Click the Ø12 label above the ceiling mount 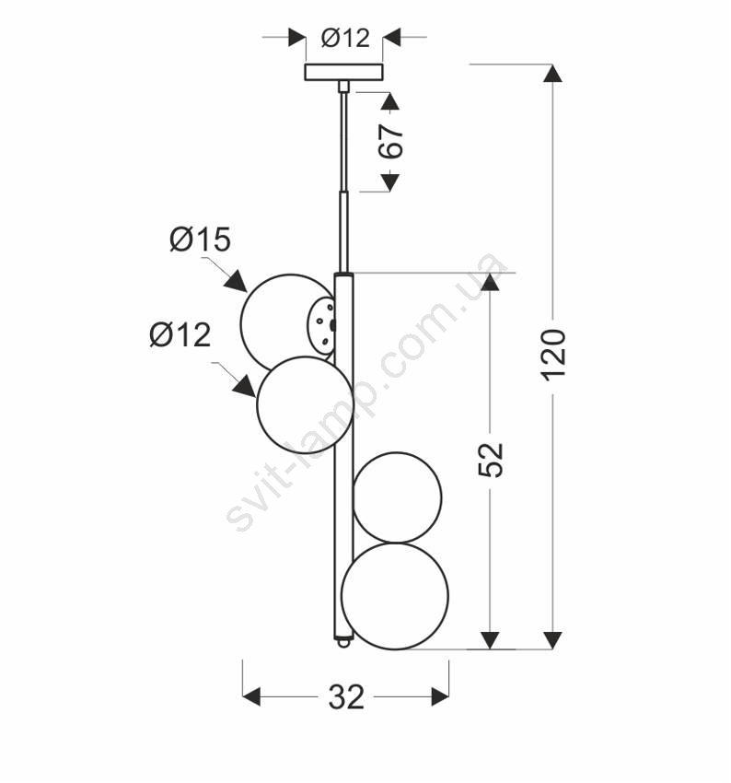tap(345, 38)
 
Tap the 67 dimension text tap(390, 141)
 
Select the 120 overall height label tap(554, 355)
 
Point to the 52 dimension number tap(491, 460)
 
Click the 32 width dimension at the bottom tap(346, 697)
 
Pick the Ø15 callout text tap(200, 240)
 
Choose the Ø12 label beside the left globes tap(180, 334)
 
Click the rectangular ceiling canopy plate tap(343, 72)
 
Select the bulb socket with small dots tap(321, 325)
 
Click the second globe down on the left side tap(305, 405)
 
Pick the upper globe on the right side tap(397, 497)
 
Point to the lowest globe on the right tap(395, 596)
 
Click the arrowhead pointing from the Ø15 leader tap(236, 282)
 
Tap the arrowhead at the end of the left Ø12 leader tap(245, 387)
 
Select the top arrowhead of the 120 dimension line tap(552, 73)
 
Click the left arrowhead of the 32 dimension tap(251, 696)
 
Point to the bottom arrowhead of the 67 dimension tap(389, 182)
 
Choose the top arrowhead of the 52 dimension tap(490, 282)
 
